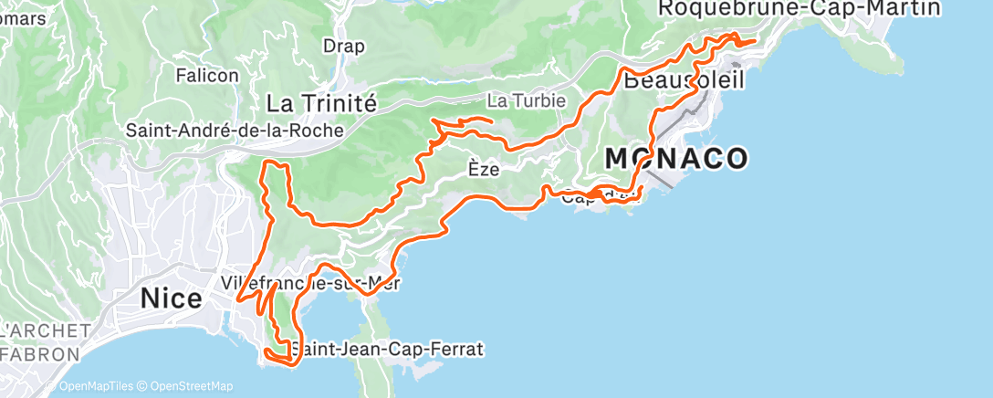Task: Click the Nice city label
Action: point(171,298)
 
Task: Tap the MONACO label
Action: point(676,159)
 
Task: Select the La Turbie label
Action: point(527,100)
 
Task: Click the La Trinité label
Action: point(321,103)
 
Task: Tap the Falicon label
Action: point(207,76)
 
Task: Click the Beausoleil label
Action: point(685,80)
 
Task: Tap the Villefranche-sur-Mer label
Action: point(310,282)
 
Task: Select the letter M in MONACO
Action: point(621,159)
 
